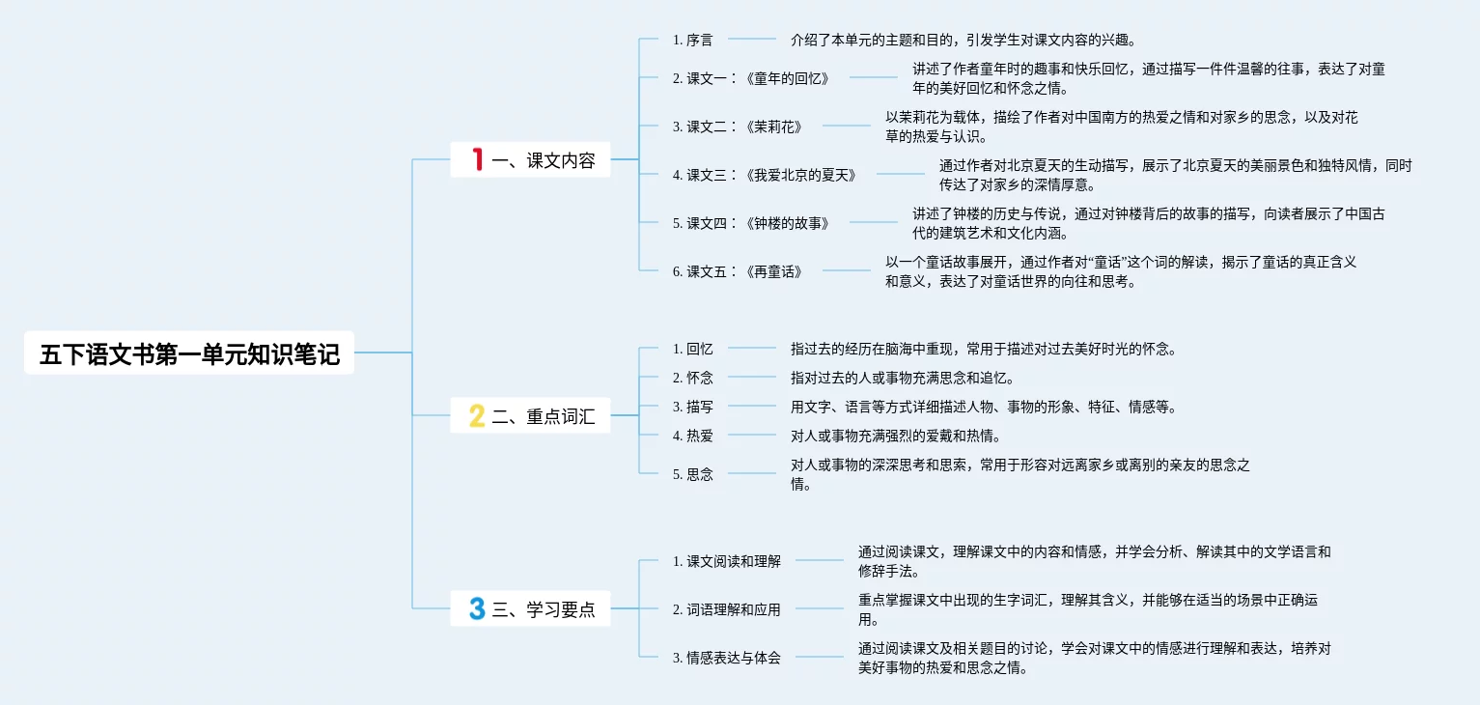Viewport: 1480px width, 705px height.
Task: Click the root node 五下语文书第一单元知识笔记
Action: click(x=189, y=353)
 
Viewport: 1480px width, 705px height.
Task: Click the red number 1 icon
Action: click(x=477, y=160)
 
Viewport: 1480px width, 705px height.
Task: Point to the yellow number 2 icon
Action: click(x=477, y=417)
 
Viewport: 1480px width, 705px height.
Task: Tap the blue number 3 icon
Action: click(x=477, y=609)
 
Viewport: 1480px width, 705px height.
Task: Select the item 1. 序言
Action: click(x=692, y=40)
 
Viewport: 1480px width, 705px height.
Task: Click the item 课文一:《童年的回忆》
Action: click(x=751, y=78)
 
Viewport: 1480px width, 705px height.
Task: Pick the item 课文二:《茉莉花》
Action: click(x=738, y=126)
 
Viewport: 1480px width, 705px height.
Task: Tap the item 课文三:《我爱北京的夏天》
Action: click(x=765, y=175)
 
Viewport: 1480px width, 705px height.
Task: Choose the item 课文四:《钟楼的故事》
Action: click(x=751, y=223)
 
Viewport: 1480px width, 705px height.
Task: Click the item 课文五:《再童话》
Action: click(x=738, y=271)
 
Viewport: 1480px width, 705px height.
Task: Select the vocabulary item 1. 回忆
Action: click(x=692, y=349)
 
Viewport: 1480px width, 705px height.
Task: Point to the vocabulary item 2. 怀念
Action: click(x=692, y=378)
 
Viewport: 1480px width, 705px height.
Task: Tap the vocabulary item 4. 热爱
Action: click(x=692, y=436)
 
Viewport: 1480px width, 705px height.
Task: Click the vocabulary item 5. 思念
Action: click(x=692, y=474)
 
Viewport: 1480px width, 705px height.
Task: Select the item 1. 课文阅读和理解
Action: click(x=726, y=561)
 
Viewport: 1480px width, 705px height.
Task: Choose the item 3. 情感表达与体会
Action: click(x=726, y=658)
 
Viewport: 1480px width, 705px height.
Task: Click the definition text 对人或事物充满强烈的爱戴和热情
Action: click(x=895, y=436)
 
